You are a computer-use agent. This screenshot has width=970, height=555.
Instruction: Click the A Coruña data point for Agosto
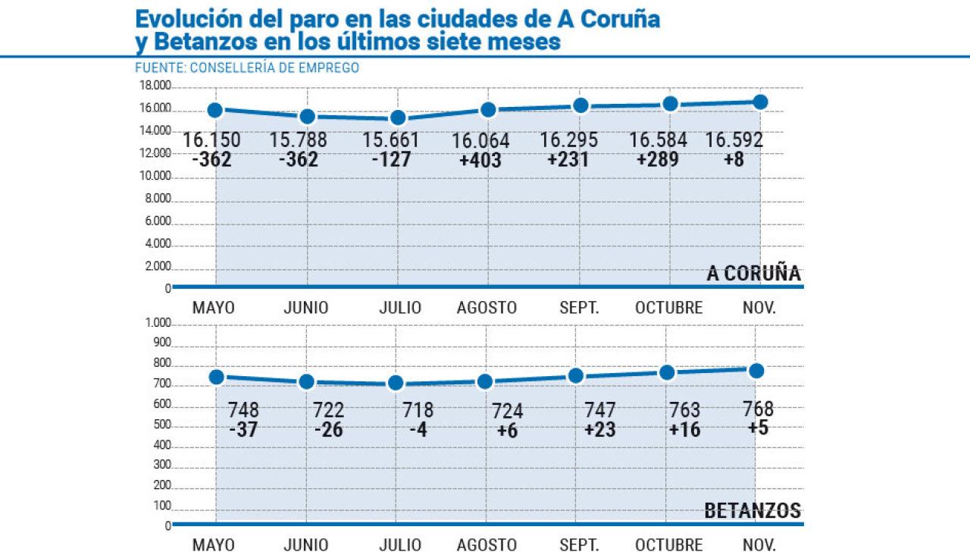pyautogui.click(x=488, y=110)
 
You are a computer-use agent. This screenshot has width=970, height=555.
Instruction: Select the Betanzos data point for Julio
pyautogui.click(x=395, y=383)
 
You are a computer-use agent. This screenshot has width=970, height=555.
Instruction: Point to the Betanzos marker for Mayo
pyautogui.click(x=216, y=377)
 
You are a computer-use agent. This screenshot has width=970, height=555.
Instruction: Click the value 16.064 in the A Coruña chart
pyautogui.click(x=480, y=142)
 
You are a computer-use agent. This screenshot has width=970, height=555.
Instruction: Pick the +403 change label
pyautogui.click(x=480, y=161)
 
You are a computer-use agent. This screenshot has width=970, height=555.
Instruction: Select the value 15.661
pyautogui.click(x=391, y=141)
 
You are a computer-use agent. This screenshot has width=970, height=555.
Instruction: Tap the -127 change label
pyautogui.click(x=391, y=160)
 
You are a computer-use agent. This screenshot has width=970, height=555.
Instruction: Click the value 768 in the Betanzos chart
pyautogui.click(x=759, y=409)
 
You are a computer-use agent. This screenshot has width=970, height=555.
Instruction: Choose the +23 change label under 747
pyautogui.click(x=599, y=430)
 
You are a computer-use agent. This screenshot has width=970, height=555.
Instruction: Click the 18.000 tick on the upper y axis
pyautogui.click(x=154, y=86)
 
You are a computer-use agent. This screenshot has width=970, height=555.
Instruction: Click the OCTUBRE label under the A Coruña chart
pyautogui.click(x=669, y=308)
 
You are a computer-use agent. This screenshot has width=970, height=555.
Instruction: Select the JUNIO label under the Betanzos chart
pyautogui.click(x=306, y=545)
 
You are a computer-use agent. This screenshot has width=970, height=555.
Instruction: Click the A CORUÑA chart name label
pyautogui.click(x=753, y=274)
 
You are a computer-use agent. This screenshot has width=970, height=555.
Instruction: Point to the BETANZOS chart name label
pyautogui.click(x=753, y=511)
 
